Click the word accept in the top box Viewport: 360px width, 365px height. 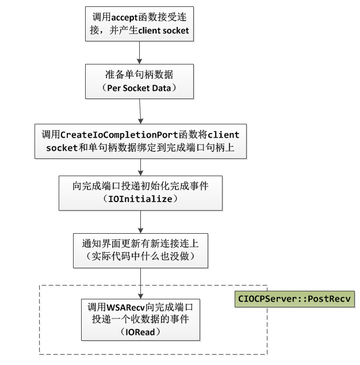click(x=124, y=17)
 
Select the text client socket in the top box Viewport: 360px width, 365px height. click(x=163, y=31)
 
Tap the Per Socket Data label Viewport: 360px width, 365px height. click(x=139, y=88)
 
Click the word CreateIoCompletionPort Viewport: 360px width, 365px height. click(x=119, y=135)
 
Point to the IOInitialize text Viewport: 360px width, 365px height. click(x=140, y=199)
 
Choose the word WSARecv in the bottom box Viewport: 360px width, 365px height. click(x=125, y=307)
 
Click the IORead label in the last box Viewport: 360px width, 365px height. click(x=140, y=332)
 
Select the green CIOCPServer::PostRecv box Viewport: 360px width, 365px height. click(x=294, y=299)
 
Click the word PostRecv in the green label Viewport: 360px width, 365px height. click(x=329, y=299)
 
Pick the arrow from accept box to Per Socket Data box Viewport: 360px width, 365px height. click(x=140, y=52)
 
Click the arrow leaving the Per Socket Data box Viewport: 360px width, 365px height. click(x=140, y=111)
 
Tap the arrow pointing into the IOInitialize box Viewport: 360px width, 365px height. click(x=140, y=167)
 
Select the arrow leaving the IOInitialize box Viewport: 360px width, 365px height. click(x=140, y=222)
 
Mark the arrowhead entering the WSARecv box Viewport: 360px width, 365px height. click(x=140, y=296)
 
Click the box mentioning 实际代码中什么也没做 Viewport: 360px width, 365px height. click(x=140, y=250)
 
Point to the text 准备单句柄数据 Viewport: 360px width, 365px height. click(x=139, y=74)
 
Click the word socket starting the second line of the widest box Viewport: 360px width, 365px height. click(x=62, y=148)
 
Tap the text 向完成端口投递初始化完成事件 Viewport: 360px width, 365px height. click(x=140, y=186)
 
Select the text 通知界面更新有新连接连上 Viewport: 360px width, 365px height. click(x=140, y=244)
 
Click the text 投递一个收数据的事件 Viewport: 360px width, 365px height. click(x=140, y=319)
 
